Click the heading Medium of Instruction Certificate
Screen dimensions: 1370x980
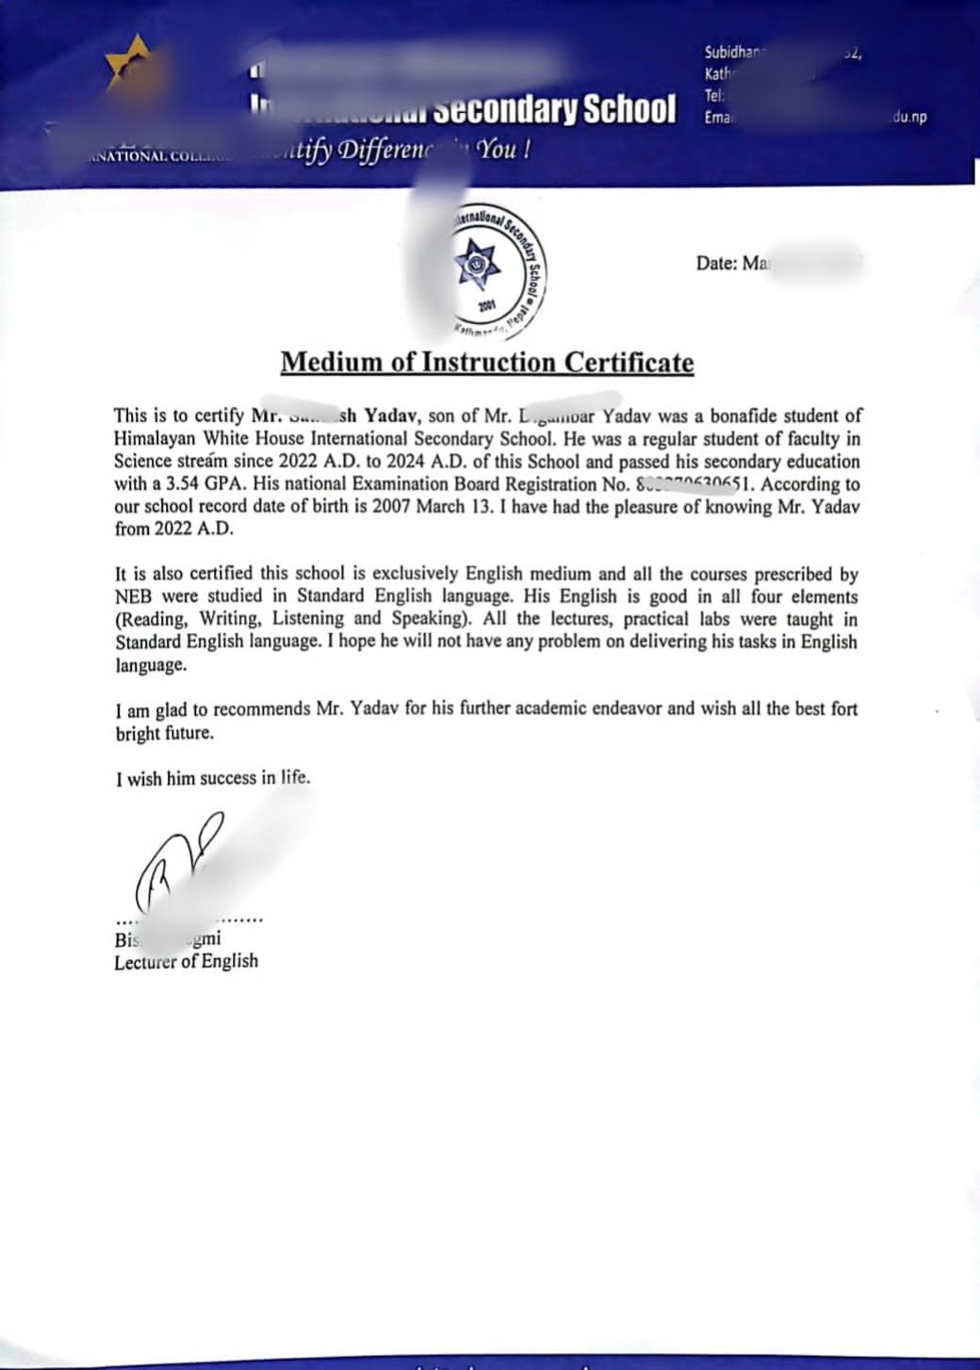point(487,363)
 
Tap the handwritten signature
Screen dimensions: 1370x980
point(179,862)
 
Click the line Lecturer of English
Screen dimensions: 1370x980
point(186,961)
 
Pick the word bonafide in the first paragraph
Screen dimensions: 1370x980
point(749,416)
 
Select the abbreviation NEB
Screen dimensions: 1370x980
point(133,596)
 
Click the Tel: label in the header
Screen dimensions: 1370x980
point(713,96)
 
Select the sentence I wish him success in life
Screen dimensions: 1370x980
point(213,778)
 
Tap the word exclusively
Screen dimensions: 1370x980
point(434,574)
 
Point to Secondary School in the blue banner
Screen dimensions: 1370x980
point(555,109)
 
